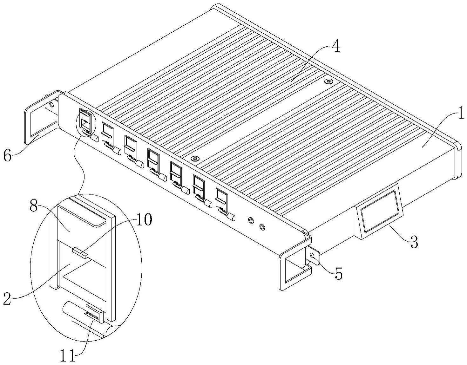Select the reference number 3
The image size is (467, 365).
pos(413,243)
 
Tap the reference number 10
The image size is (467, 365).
pos(144,220)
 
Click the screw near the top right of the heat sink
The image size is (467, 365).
pos(329,81)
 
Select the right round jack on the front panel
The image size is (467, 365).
pos(262,227)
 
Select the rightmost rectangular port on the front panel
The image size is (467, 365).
pos(222,198)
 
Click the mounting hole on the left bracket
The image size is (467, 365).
pos(51,103)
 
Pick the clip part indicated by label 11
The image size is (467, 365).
pos(94,314)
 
